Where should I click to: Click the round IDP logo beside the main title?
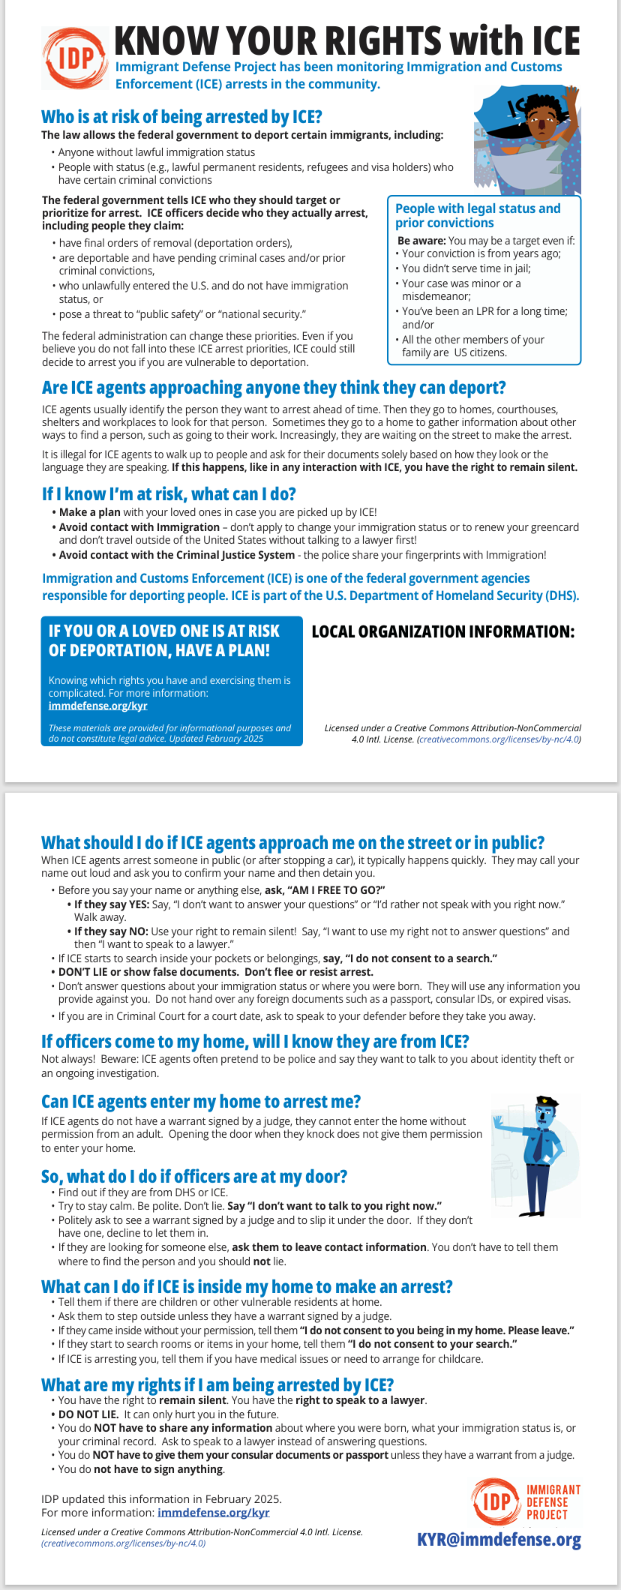(x=75, y=58)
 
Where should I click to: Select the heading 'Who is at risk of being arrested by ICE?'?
(x=181, y=117)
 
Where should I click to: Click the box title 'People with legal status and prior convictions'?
(x=478, y=215)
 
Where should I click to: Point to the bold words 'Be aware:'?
(x=421, y=241)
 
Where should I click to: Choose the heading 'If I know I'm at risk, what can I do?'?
(x=169, y=494)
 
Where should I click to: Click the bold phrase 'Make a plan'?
(x=89, y=512)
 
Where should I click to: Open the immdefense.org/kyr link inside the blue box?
(x=97, y=706)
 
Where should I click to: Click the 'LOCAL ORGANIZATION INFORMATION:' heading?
(x=442, y=631)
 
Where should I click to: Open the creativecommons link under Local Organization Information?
(x=499, y=739)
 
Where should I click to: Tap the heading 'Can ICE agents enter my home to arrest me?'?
(x=201, y=1102)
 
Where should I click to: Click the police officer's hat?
(x=547, y=1102)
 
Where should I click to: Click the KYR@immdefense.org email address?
(x=499, y=1540)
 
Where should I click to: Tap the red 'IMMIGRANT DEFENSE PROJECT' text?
(x=553, y=1502)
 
